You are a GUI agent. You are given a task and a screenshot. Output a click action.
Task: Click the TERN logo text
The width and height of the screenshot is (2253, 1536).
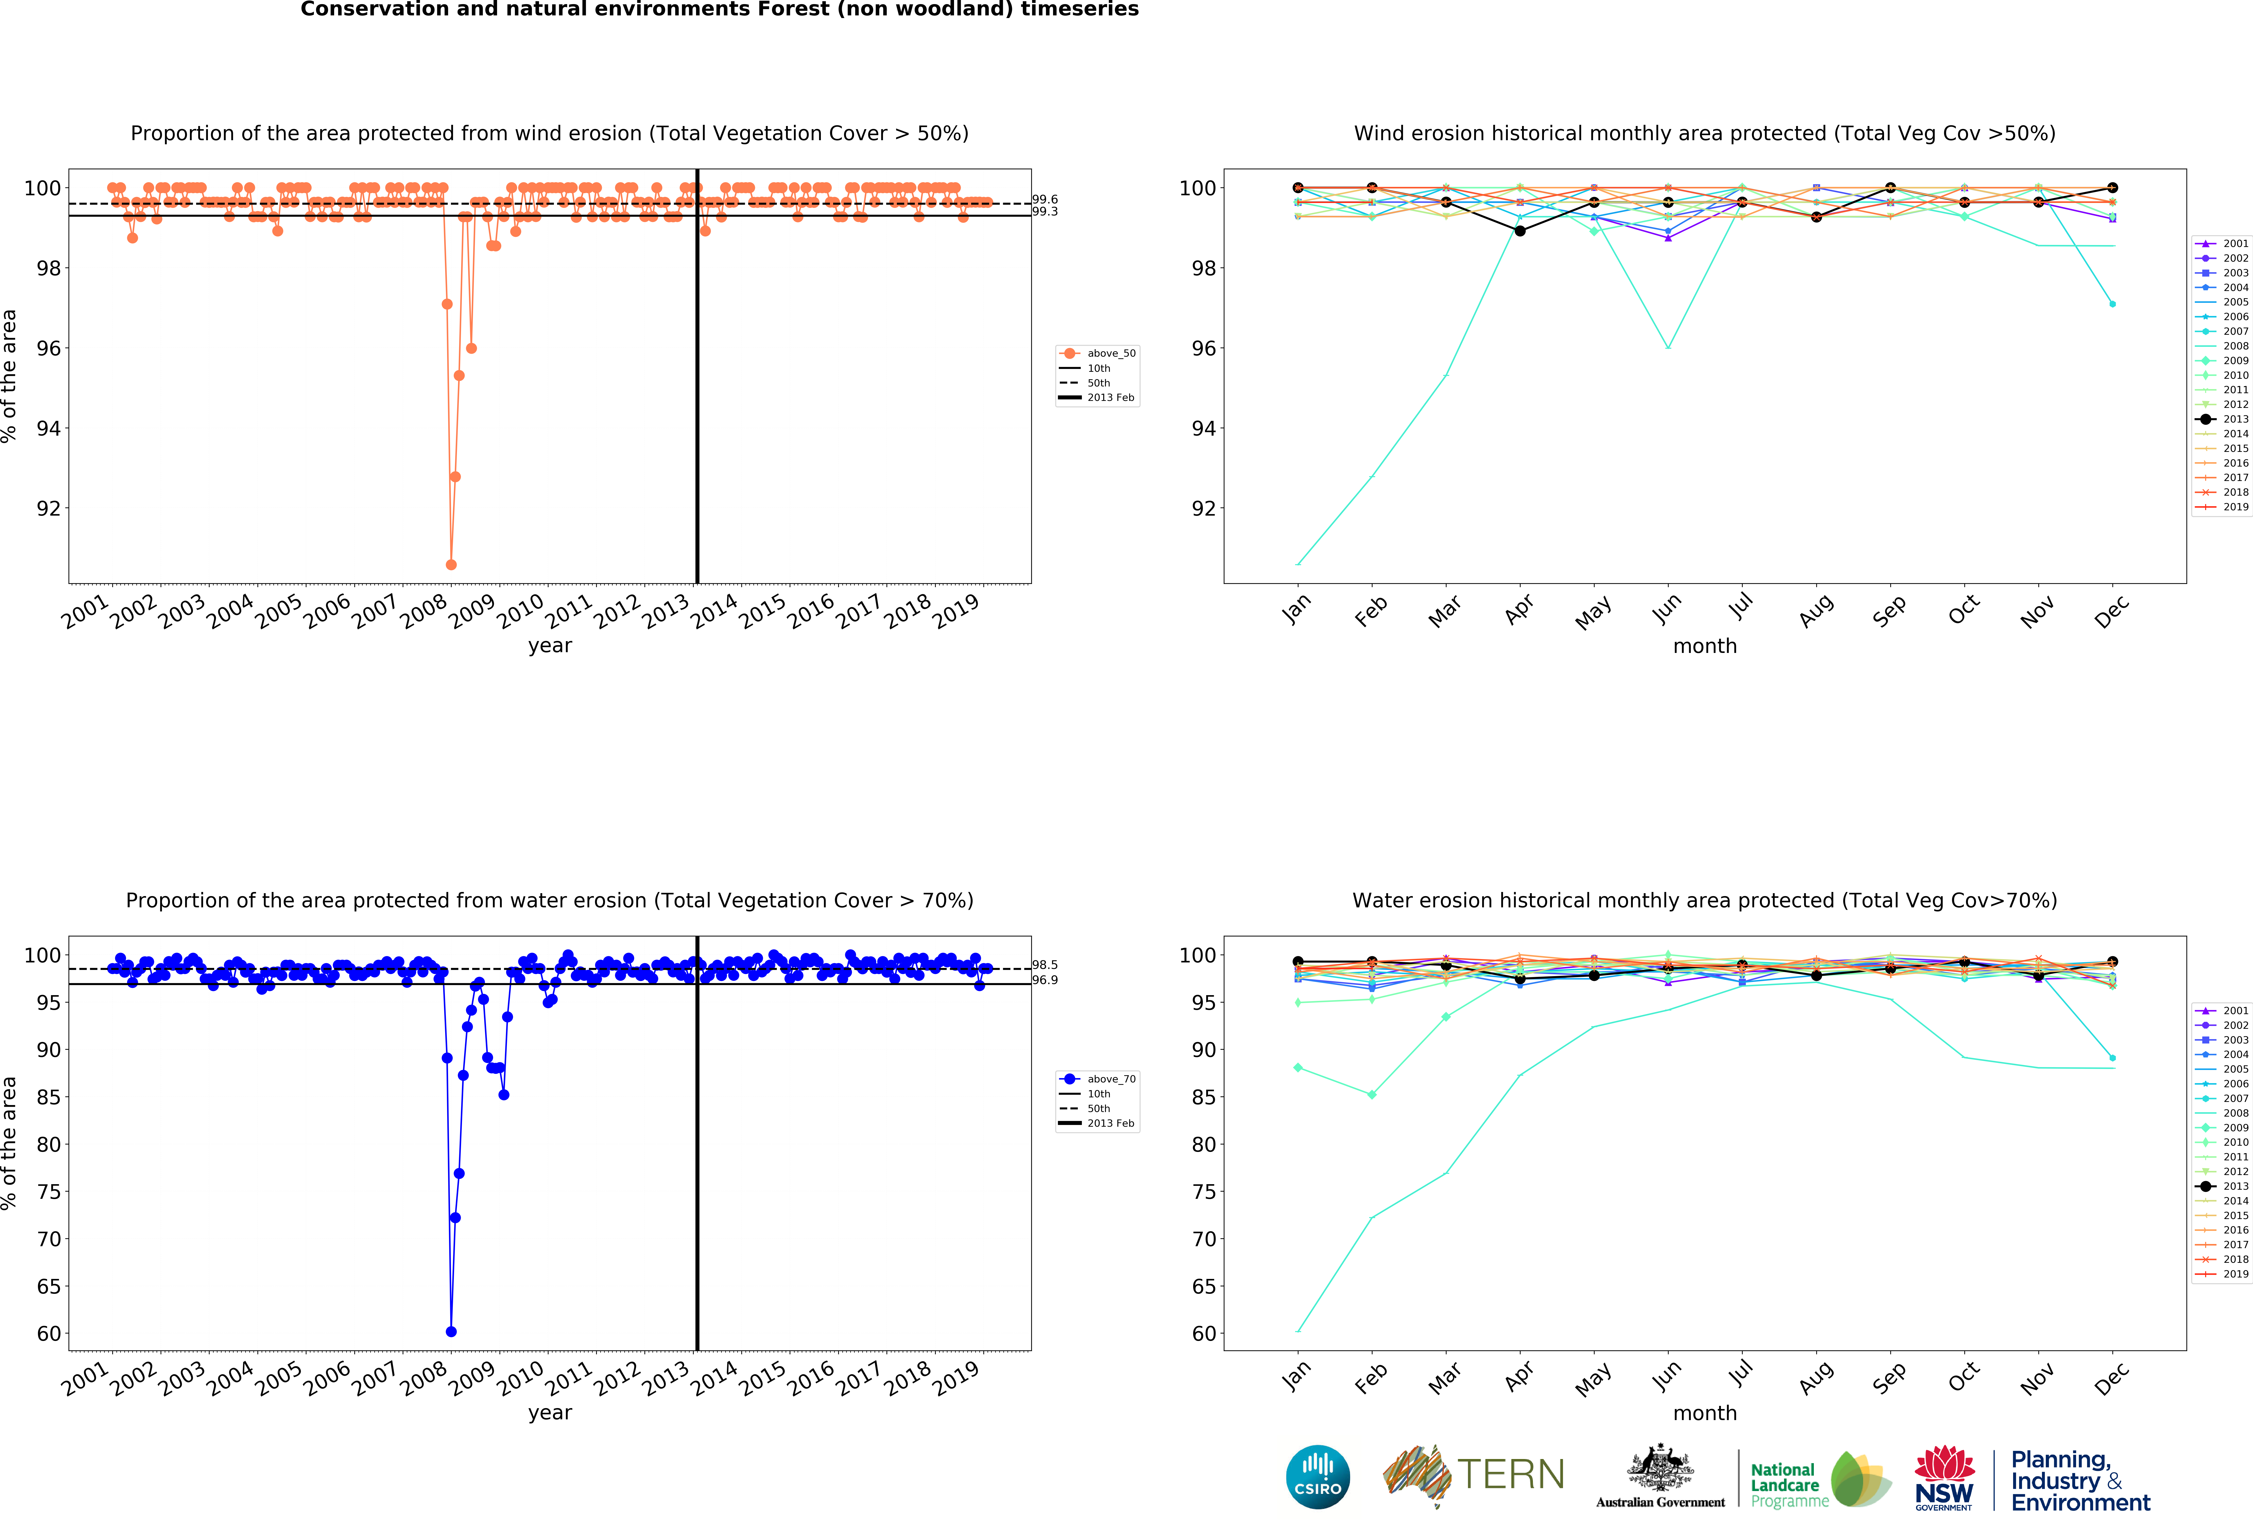1510,1475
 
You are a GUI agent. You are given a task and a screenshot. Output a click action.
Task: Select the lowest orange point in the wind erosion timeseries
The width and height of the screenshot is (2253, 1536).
451,564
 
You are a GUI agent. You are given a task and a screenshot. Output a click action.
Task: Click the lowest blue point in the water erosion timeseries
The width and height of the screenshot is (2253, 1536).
451,1331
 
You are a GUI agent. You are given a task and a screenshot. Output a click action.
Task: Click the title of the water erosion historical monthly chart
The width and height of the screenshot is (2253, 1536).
1704,901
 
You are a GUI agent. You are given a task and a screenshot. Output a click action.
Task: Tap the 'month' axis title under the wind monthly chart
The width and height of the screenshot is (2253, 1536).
1704,646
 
